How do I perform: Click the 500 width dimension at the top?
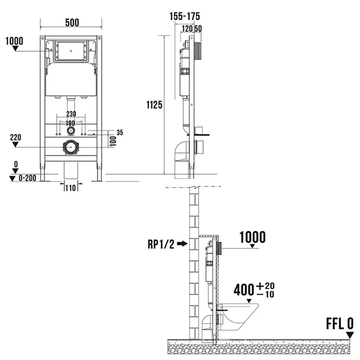72,22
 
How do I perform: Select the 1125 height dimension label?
154,105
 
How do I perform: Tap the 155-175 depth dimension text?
185,16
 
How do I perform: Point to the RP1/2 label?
161,244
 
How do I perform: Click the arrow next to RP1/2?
182,244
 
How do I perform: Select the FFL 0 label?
340,324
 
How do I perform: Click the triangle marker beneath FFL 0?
350,335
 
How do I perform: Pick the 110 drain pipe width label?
71,188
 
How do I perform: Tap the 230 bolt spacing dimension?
71,114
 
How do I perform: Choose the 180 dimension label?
70,123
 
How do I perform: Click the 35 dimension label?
120,132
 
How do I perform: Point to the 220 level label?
15,137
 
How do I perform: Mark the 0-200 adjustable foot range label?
27,178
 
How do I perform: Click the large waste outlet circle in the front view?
71,147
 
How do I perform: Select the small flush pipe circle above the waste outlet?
71,131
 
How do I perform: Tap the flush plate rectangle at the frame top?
71,51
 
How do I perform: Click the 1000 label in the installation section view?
253,237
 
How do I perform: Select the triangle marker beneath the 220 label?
15,144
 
